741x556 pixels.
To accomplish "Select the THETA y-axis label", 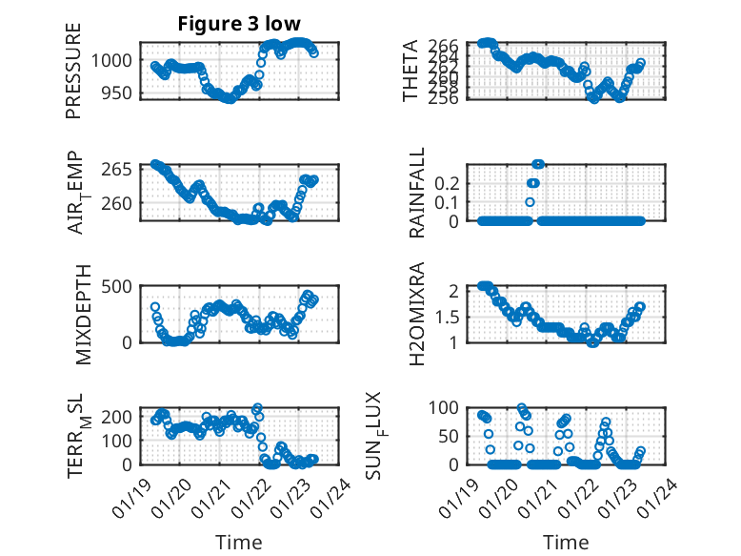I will [x=410, y=72].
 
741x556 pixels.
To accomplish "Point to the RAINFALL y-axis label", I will [x=416, y=194].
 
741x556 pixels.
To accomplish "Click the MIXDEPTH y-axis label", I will [x=83, y=316].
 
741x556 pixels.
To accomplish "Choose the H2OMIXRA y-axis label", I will [x=416, y=315].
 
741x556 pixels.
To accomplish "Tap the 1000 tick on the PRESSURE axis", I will [x=115, y=60].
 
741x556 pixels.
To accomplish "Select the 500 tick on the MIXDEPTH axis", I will [x=119, y=286].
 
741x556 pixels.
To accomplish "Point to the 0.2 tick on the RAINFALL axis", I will [x=450, y=181].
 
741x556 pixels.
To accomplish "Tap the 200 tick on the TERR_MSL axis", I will [x=119, y=416].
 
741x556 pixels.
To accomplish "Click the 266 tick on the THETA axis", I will [x=450, y=46].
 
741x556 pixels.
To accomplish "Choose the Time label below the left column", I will [x=239, y=543].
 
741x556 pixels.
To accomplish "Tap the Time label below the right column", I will [x=566, y=543].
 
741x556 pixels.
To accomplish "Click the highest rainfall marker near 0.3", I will [x=538, y=164].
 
